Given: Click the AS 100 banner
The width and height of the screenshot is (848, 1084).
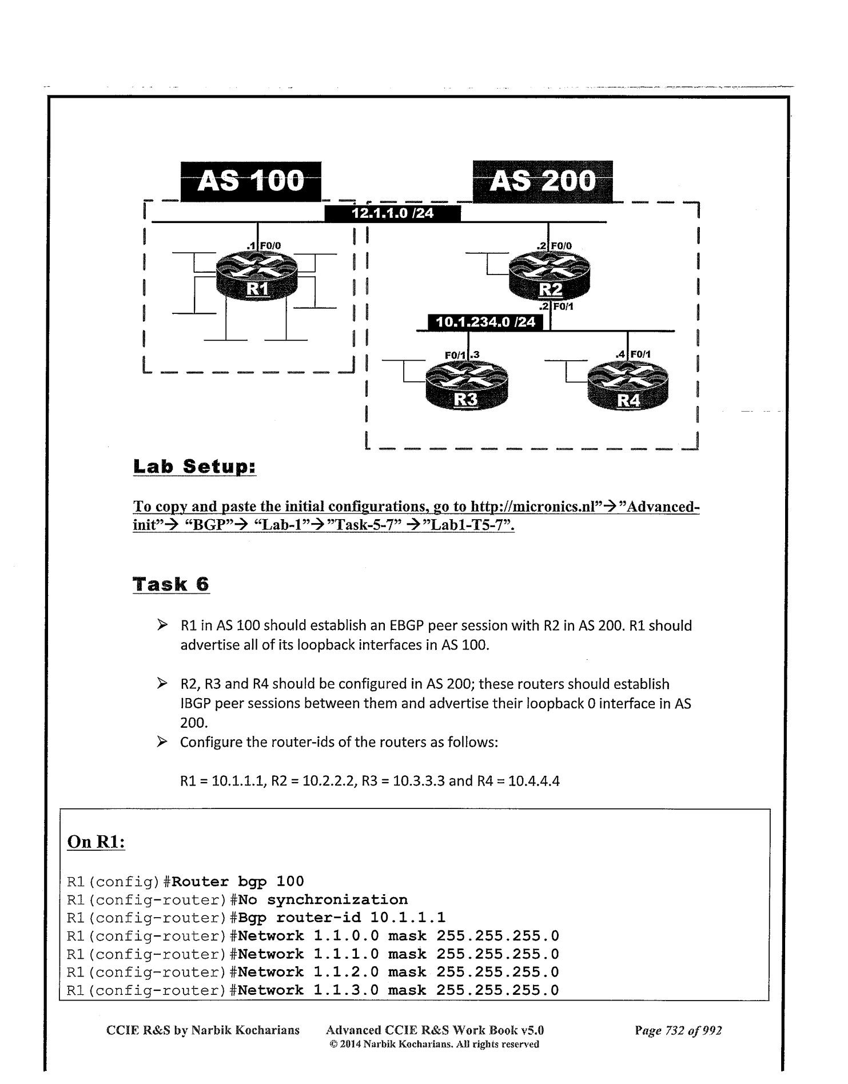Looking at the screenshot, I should [x=251, y=182].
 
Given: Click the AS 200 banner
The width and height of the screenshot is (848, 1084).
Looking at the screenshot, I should [x=543, y=181].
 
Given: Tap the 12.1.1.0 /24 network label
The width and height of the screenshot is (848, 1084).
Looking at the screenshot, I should [x=392, y=214].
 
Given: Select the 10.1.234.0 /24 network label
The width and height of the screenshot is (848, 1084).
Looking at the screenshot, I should [x=485, y=322].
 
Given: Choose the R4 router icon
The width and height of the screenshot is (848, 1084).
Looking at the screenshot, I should [x=628, y=388].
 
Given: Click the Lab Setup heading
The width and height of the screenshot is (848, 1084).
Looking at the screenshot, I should [x=194, y=467].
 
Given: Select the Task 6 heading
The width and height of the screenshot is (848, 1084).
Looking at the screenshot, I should [x=171, y=584].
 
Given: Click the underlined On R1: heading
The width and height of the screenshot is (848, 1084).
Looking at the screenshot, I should [x=96, y=842].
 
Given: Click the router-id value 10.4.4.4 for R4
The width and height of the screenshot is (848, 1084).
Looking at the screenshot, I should [x=534, y=780].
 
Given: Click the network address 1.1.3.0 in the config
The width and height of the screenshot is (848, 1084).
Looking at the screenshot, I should [x=346, y=990].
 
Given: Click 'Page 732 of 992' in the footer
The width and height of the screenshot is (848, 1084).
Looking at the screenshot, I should [x=678, y=1030].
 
